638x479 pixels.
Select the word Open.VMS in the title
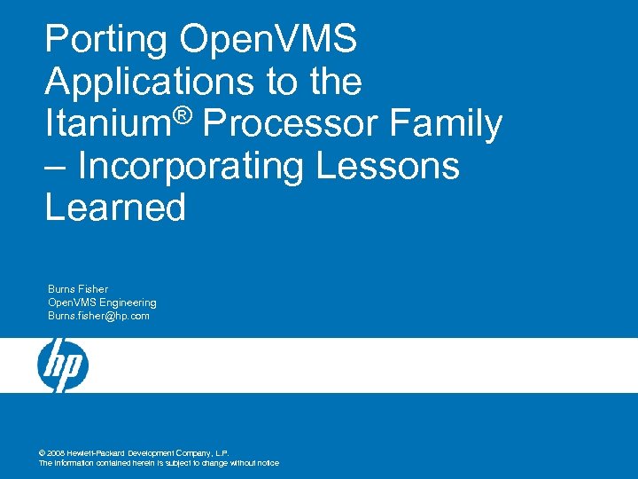[x=268, y=41]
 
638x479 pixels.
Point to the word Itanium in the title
[x=106, y=124]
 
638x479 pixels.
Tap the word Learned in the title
[x=115, y=208]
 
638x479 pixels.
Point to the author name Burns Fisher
[x=78, y=289]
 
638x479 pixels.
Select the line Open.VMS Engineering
[x=102, y=302]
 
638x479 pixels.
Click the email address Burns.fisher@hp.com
[x=98, y=316]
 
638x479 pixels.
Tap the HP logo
[x=62, y=365]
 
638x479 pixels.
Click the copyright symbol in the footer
[x=43, y=452]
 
